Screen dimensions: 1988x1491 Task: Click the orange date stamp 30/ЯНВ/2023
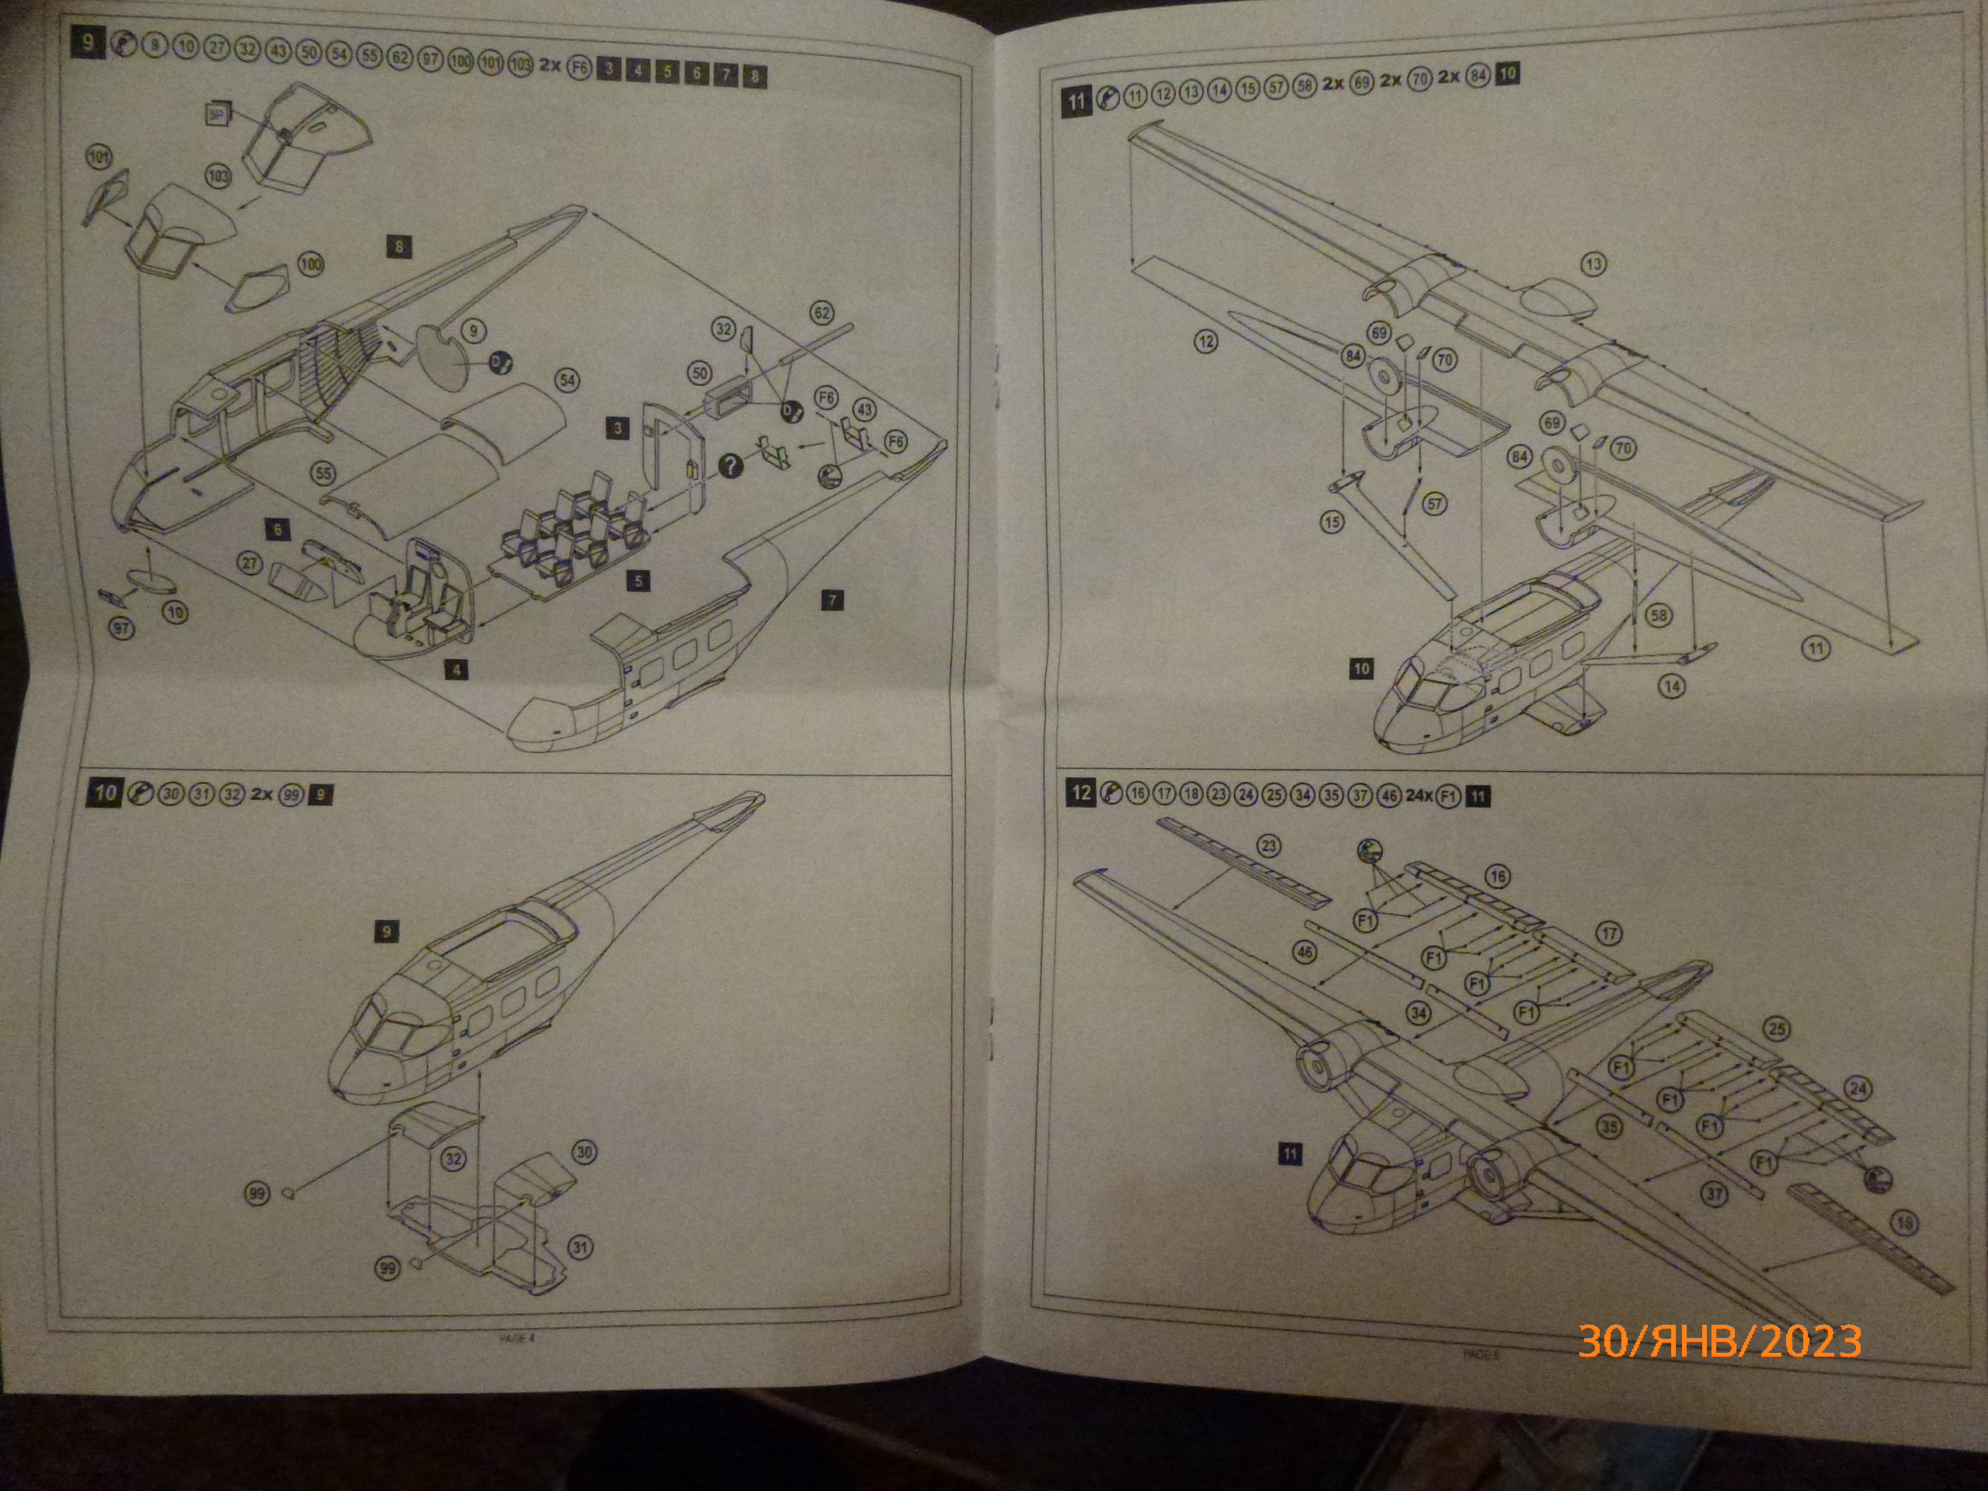(1719, 1341)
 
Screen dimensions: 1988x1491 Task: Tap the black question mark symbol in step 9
(732, 464)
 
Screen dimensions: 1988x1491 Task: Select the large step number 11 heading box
(1076, 101)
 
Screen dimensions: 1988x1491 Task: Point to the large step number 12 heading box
(1081, 792)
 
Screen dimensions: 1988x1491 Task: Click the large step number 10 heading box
(104, 792)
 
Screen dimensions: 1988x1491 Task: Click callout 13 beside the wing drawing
(1594, 264)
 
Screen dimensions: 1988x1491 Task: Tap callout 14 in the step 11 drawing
(1672, 686)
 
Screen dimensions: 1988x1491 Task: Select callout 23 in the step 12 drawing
(1269, 846)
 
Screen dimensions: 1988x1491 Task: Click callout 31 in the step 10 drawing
(581, 1247)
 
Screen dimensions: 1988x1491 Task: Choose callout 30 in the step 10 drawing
(584, 1152)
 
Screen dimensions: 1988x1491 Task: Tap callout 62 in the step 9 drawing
(822, 313)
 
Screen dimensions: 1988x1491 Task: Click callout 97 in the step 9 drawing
(121, 628)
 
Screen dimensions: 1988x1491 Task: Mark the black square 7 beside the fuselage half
(832, 600)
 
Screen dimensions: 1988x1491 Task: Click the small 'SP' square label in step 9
(216, 114)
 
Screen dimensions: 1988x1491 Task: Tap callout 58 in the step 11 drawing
(1658, 616)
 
